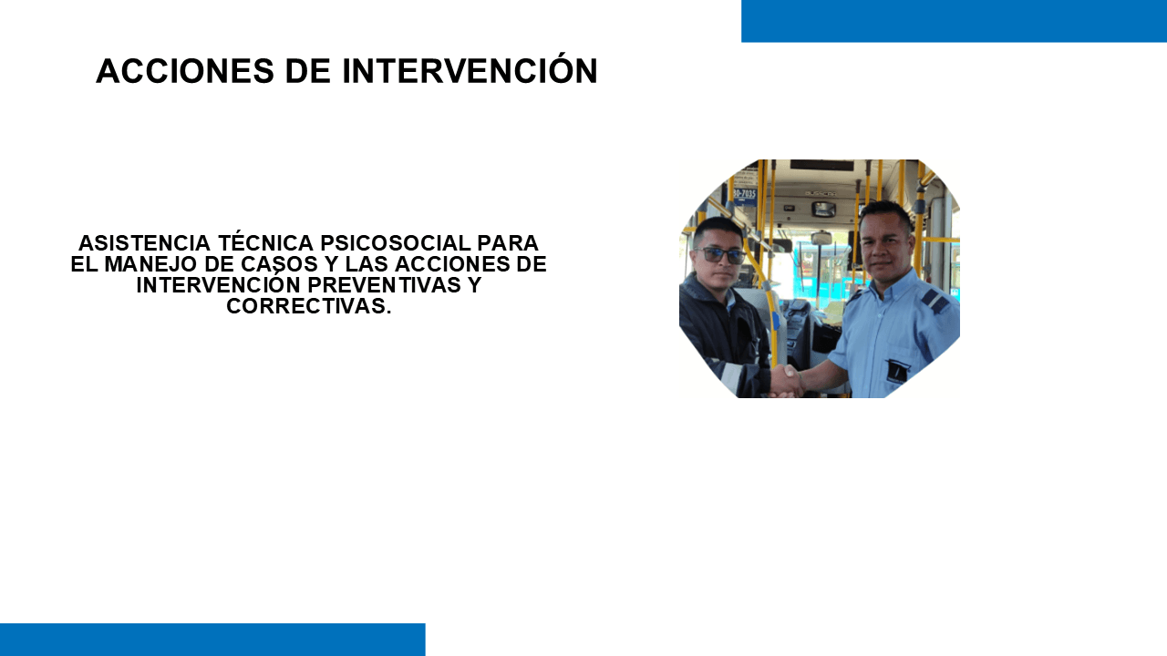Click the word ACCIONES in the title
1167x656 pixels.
click(185, 71)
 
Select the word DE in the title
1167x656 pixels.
click(308, 71)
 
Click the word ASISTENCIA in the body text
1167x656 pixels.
click(144, 243)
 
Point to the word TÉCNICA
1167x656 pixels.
click(265, 242)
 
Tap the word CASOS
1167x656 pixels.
click(279, 264)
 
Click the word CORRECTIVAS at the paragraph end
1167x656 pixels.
click(308, 306)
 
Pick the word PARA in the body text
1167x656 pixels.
click(508, 243)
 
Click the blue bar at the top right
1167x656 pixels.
click(954, 21)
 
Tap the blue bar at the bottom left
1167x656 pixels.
click(212, 640)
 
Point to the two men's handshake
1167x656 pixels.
click(786, 381)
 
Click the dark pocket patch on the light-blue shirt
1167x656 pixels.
click(897, 370)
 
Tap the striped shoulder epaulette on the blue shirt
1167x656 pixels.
click(934, 300)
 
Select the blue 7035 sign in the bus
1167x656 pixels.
click(743, 194)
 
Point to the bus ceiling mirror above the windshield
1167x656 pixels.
click(823, 210)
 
